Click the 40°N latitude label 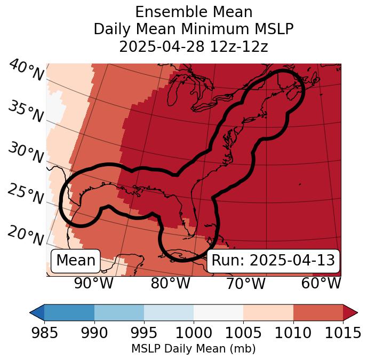coord(26,71)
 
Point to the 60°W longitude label coord(321,283)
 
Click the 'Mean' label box coord(76,261)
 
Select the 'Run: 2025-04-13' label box coord(273,261)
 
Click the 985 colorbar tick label coord(44,333)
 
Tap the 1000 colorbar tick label coord(194,333)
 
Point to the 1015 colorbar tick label coord(343,333)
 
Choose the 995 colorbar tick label coord(144,333)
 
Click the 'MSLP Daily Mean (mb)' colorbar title coord(194,349)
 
